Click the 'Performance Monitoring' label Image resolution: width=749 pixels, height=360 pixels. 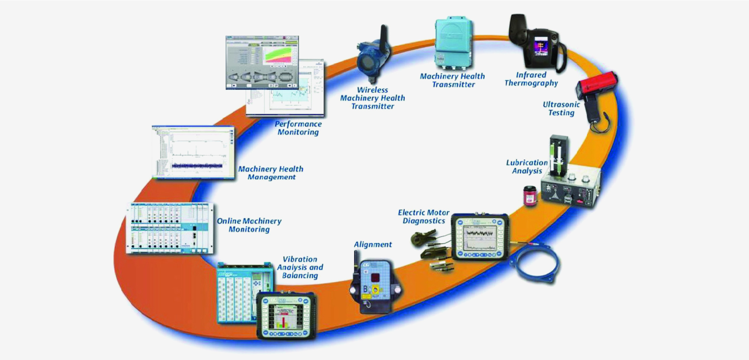click(x=298, y=128)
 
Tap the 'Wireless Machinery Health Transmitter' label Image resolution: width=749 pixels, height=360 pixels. click(x=372, y=98)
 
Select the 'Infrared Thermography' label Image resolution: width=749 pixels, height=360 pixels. click(x=531, y=79)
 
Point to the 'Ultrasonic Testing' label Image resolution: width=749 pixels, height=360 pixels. click(x=561, y=109)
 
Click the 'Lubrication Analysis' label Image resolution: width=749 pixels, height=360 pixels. click(x=527, y=167)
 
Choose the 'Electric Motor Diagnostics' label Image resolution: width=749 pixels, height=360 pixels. click(x=424, y=217)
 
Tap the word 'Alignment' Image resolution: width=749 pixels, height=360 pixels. click(x=373, y=245)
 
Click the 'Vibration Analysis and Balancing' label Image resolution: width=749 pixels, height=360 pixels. click(x=300, y=267)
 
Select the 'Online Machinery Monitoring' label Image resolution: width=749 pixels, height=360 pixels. click(x=249, y=225)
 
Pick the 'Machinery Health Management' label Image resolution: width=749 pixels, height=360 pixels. click(x=271, y=173)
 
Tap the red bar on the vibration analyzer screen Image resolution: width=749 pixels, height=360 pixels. click(x=284, y=322)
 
